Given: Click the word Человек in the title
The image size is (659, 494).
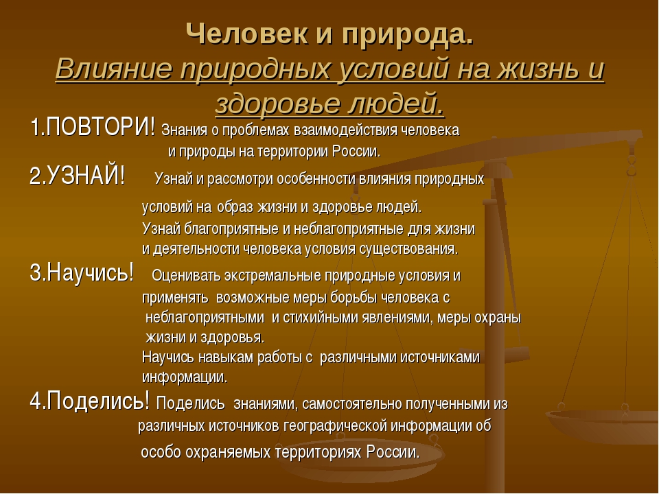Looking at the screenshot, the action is (247, 34).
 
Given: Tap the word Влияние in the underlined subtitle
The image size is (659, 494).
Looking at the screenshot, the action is (114, 68).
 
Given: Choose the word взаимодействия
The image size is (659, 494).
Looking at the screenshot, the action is (345, 130).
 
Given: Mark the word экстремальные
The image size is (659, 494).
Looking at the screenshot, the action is (273, 276).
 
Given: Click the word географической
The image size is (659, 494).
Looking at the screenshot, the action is (335, 426).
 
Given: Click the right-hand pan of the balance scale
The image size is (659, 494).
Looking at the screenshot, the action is (602, 426).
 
